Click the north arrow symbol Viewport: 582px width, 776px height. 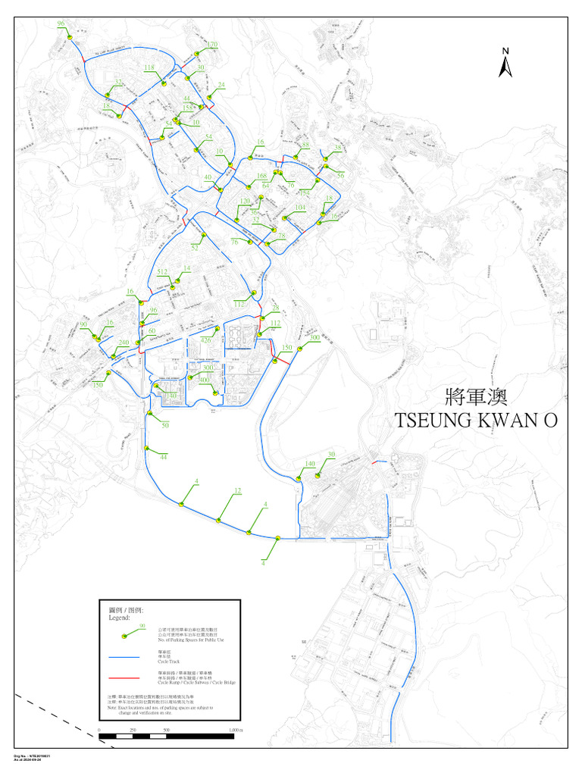[x=505, y=64]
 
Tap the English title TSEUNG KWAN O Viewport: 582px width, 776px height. [x=476, y=421]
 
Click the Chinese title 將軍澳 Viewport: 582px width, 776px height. [x=476, y=397]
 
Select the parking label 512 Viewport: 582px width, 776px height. [x=162, y=271]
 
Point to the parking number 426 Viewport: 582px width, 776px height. [x=205, y=341]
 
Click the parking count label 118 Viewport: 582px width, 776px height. [x=149, y=68]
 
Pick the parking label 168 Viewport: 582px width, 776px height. [x=261, y=177]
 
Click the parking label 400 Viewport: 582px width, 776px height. [x=204, y=380]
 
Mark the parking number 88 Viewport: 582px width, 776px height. [x=305, y=145]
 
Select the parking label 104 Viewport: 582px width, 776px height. [x=300, y=207]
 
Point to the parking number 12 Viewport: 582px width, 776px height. [x=237, y=492]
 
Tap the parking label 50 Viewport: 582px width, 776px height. [x=165, y=426]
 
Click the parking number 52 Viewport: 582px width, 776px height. [x=195, y=248]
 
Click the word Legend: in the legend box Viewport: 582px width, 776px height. [x=117, y=618]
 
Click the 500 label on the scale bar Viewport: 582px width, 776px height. [x=166, y=731]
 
